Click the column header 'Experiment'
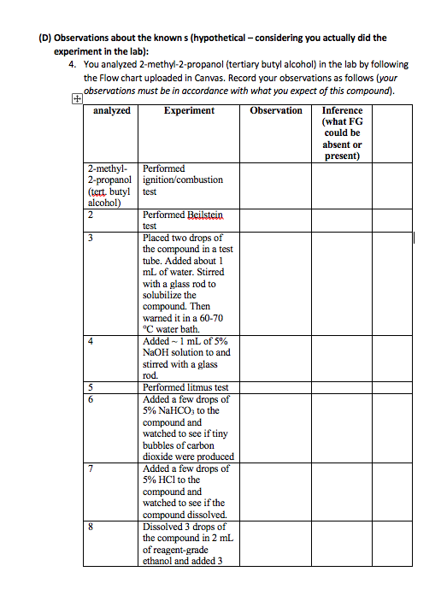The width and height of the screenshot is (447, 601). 191,110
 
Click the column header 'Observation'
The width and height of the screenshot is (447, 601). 276,110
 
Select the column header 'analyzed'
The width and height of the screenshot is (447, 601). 111,110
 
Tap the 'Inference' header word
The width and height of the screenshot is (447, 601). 342,110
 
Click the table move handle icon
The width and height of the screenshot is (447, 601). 78,99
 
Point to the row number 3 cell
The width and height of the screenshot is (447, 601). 90,238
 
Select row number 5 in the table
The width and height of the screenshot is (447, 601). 90,388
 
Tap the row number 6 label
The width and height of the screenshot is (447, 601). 90,399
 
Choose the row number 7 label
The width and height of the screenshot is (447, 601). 90,468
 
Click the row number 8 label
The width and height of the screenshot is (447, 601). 90,527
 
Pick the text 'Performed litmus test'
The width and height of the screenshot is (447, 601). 185,388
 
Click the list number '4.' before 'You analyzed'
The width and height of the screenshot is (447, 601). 74,64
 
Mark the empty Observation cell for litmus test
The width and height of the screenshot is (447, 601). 276,388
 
